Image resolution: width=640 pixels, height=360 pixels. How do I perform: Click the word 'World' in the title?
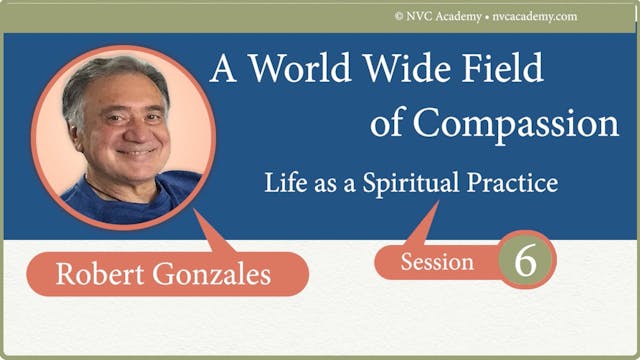(x=304, y=69)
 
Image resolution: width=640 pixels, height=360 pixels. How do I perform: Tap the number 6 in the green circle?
(x=526, y=259)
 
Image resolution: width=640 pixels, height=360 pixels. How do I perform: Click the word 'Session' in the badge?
(x=437, y=262)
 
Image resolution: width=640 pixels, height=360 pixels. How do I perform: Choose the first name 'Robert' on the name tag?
(x=100, y=274)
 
